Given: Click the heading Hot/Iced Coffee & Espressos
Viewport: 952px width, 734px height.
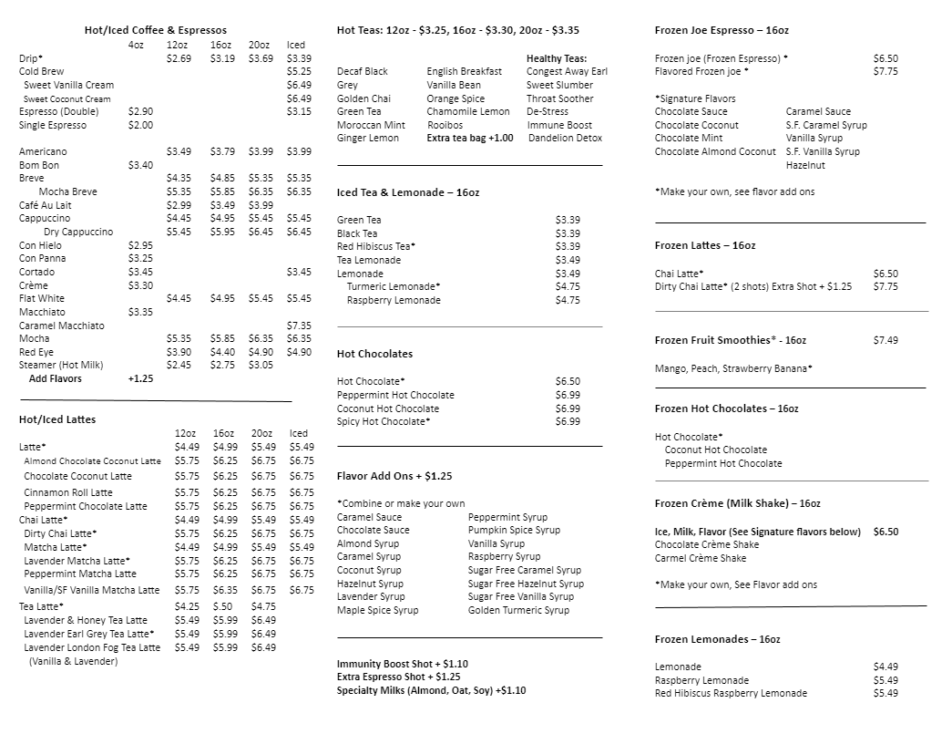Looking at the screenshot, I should coord(155,30).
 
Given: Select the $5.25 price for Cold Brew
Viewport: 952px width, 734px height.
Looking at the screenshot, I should coord(299,71).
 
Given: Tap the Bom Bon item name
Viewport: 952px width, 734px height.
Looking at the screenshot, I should coord(39,165).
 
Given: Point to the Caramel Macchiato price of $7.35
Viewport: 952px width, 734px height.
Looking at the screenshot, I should coord(299,326).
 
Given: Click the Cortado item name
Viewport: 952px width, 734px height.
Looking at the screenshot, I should coord(37,272).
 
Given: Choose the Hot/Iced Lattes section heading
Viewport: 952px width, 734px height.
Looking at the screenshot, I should coord(57,419).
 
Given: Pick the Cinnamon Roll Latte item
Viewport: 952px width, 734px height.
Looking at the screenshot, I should coord(68,492).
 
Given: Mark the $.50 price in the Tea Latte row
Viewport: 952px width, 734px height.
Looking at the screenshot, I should coord(222,606).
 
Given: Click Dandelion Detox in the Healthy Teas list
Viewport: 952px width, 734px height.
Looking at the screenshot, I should coord(565,138).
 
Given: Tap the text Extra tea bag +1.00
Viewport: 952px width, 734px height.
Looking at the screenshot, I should coord(470,138).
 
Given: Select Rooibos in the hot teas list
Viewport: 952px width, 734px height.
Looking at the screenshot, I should coord(445,125).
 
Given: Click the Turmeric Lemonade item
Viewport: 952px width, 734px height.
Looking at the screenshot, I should coord(394,286).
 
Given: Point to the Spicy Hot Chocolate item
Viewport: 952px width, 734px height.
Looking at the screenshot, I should coord(384,421).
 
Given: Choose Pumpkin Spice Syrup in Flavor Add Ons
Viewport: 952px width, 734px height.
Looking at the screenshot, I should coord(514,530).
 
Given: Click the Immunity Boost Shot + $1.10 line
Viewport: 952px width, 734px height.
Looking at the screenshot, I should coord(402,664).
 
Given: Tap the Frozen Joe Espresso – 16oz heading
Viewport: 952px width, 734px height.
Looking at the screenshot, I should coord(722,30).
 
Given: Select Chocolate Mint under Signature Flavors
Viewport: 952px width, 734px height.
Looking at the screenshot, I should coord(689,138).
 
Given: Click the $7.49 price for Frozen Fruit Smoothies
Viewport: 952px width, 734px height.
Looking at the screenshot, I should coord(885,340).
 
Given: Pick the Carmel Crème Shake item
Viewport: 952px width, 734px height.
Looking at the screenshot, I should coord(700,558).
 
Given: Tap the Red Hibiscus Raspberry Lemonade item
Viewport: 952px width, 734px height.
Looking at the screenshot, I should coord(731,693).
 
